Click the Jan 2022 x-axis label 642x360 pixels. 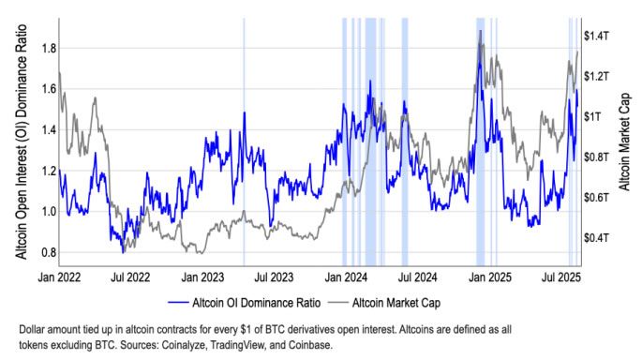click(x=59, y=277)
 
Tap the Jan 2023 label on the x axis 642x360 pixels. click(x=202, y=277)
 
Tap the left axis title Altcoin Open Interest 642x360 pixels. click(x=13, y=141)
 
